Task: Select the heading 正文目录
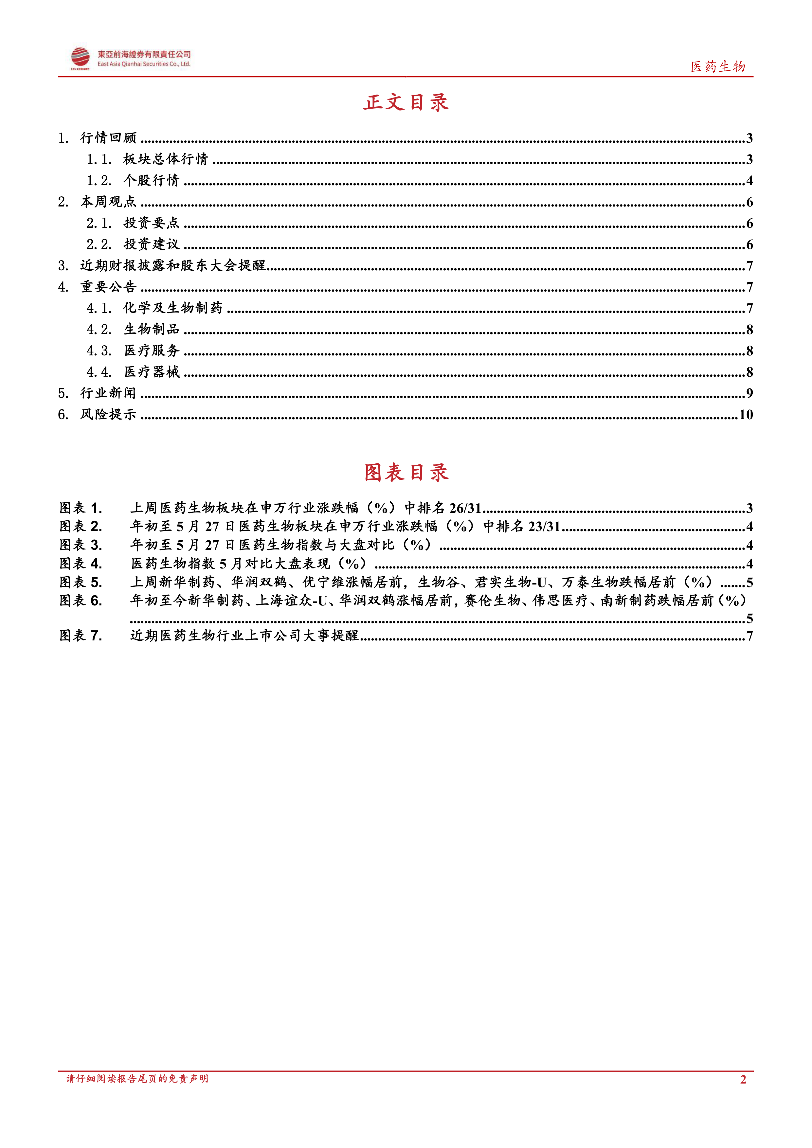(x=406, y=102)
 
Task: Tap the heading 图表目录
(x=406, y=473)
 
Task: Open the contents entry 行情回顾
(x=108, y=138)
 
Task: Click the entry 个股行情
(x=151, y=181)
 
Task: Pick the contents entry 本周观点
(x=108, y=202)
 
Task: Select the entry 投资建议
(x=151, y=244)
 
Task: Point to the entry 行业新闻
(x=108, y=393)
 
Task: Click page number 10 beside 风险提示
(x=746, y=415)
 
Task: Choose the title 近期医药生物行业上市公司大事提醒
(x=244, y=636)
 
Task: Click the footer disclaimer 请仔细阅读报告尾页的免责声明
(x=137, y=1079)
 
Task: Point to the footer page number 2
(x=743, y=1080)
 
